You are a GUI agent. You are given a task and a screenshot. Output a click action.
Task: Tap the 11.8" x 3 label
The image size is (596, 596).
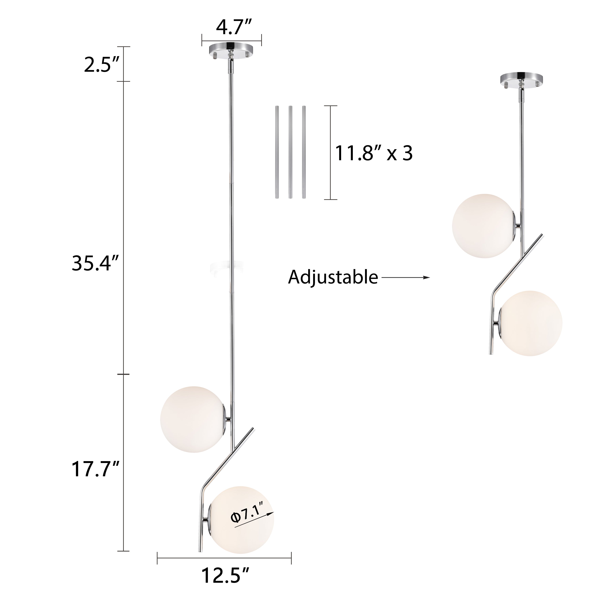point(374,153)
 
